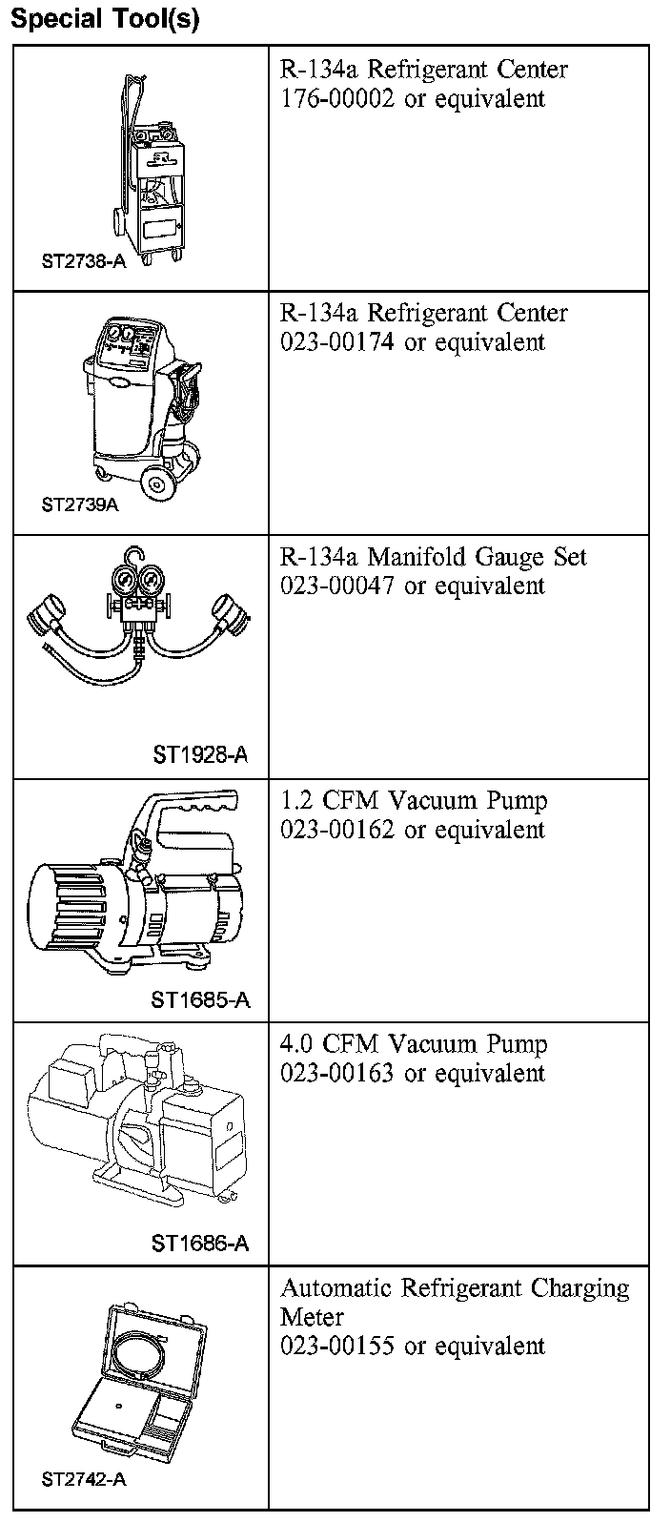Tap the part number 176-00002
point(336,98)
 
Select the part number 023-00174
point(336,342)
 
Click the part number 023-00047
point(336,586)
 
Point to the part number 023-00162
point(336,830)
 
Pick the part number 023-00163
point(336,1073)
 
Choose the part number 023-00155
point(336,1346)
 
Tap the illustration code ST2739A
point(80,504)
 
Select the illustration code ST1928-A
point(200,755)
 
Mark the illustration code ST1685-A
point(200,999)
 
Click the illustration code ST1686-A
point(200,1244)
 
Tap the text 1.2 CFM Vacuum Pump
point(414,800)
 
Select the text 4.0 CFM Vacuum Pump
point(414,1044)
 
